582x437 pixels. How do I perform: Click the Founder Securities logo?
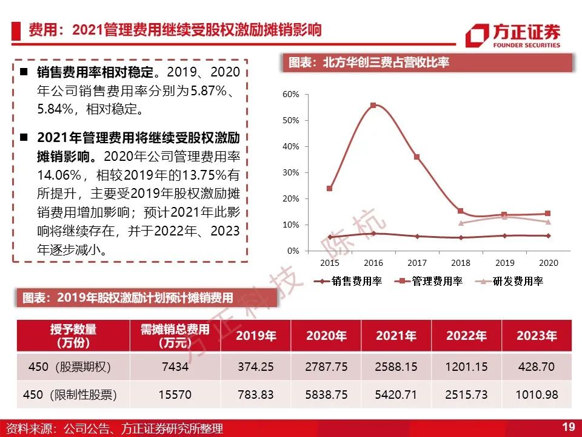tap(513, 35)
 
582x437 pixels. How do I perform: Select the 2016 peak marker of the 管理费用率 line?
tap(373, 106)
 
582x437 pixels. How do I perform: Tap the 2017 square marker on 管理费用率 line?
tap(417, 157)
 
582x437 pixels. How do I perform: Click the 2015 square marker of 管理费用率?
tap(330, 188)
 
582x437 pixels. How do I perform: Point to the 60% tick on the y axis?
tap(290, 95)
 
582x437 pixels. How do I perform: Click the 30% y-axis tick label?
tap(290, 173)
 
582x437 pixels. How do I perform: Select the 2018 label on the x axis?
tap(461, 263)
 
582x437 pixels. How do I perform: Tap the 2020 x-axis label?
tap(548, 263)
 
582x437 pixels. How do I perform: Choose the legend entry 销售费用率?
tap(348, 281)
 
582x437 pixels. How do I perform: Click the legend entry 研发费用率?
tap(509, 281)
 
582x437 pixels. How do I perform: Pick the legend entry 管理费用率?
tap(429, 281)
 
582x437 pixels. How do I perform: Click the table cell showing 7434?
tap(175, 367)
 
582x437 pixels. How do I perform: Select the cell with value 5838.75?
tap(326, 395)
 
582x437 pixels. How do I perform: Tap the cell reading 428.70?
tap(537, 367)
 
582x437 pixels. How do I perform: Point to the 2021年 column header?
tap(396, 336)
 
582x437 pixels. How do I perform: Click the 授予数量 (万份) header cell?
tap(73, 336)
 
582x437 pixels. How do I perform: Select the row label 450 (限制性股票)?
tap(70, 395)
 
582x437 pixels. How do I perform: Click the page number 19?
tap(568, 427)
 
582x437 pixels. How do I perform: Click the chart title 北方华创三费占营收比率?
tap(386, 62)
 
